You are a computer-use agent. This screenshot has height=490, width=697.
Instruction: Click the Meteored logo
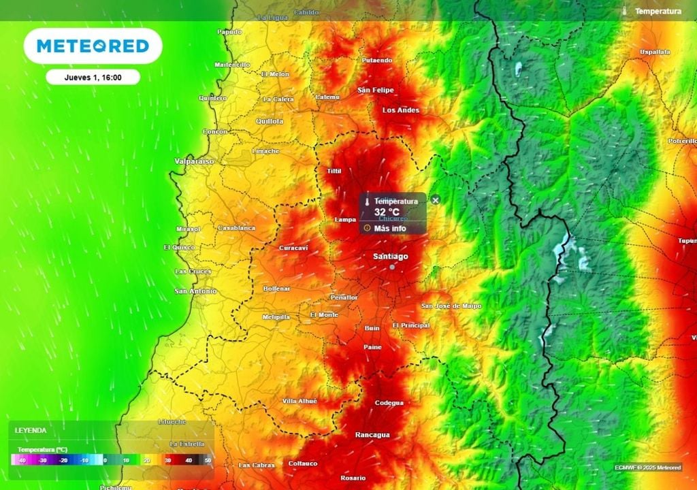pyautogui.click(x=93, y=46)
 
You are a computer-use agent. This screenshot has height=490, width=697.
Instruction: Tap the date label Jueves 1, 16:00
pyautogui.click(x=93, y=77)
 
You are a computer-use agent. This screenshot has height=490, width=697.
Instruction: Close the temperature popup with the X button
pyautogui.click(x=436, y=200)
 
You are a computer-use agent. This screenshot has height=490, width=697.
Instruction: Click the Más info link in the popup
pyautogui.click(x=389, y=229)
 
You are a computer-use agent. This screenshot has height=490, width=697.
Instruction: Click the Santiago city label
pyautogui.click(x=391, y=256)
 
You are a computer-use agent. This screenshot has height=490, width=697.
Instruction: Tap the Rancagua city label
pyautogui.click(x=372, y=434)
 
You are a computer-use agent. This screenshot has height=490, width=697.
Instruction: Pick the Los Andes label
pyautogui.click(x=401, y=110)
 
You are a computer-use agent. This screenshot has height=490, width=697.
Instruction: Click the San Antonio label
pyautogui.click(x=195, y=291)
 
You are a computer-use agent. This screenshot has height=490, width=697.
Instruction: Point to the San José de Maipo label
pyautogui.click(x=451, y=306)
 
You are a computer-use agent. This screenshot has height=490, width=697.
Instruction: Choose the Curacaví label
pyautogui.click(x=293, y=248)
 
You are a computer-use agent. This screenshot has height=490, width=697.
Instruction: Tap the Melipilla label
pyautogui.click(x=276, y=317)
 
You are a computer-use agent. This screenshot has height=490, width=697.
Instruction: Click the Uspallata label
pyautogui.click(x=655, y=52)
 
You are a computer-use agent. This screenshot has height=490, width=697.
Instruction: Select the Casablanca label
pyautogui.click(x=236, y=228)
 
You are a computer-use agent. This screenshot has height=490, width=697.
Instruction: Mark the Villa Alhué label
pyautogui.click(x=299, y=402)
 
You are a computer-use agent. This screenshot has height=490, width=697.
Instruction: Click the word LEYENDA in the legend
pyautogui.click(x=31, y=431)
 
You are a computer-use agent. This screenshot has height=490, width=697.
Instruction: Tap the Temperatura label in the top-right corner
pyautogui.click(x=658, y=11)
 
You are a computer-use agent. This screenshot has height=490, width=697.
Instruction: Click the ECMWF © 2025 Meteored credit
pyautogui.click(x=648, y=468)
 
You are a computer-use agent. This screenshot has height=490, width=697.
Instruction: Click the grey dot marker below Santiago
pyautogui.click(x=392, y=267)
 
